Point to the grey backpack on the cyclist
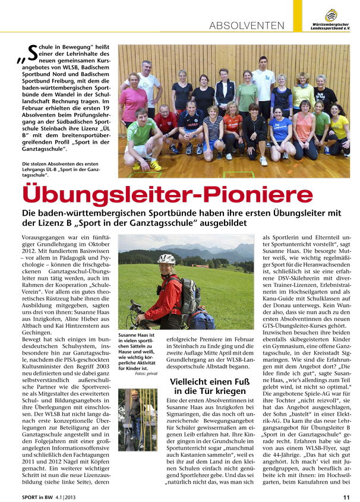(189, 295)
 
